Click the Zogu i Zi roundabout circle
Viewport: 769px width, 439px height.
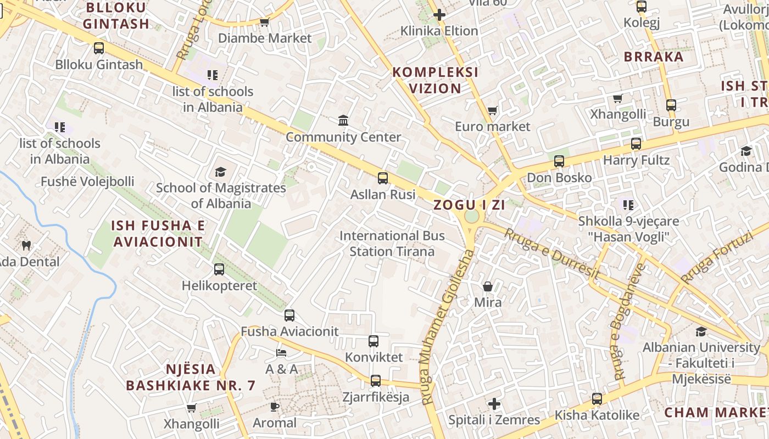click(471, 216)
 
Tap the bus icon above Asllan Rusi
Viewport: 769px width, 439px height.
click(383, 178)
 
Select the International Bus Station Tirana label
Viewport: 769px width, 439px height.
click(392, 244)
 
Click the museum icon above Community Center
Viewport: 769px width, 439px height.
click(343, 120)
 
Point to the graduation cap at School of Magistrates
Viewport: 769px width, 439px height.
click(220, 172)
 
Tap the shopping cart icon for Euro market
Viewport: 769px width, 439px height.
click(493, 111)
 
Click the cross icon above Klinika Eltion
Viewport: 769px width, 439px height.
click(439, 15)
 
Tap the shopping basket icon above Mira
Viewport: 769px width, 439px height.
click(487, 286)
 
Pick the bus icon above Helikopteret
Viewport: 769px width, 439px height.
click(219, 269)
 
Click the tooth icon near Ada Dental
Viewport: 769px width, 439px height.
click(25, 245)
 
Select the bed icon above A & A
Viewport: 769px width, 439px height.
click(281, 352)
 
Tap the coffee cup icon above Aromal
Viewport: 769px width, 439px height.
click(275, 407)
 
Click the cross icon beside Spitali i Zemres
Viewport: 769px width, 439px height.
click(494, 404)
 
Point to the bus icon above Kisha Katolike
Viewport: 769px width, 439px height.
click(597, 399)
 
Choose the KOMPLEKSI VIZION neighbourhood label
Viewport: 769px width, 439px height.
click(435, 80)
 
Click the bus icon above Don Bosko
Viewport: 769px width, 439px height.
click(559, 161)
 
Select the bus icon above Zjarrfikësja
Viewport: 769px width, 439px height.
click(376, 380)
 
